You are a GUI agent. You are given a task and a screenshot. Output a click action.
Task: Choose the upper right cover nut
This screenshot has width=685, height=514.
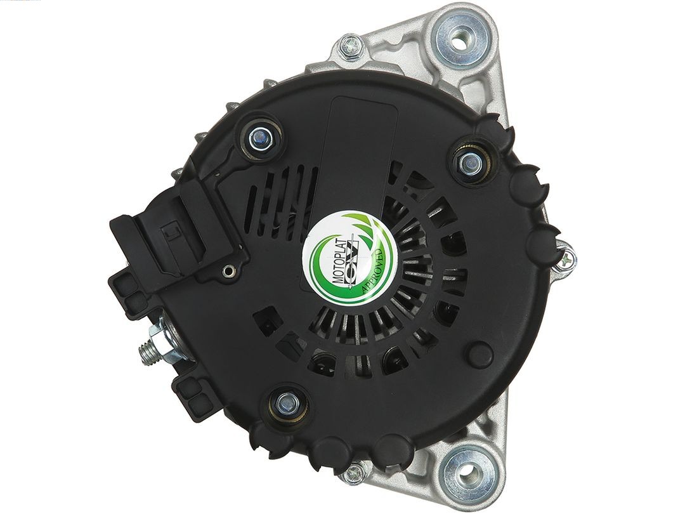click(469, 163)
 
